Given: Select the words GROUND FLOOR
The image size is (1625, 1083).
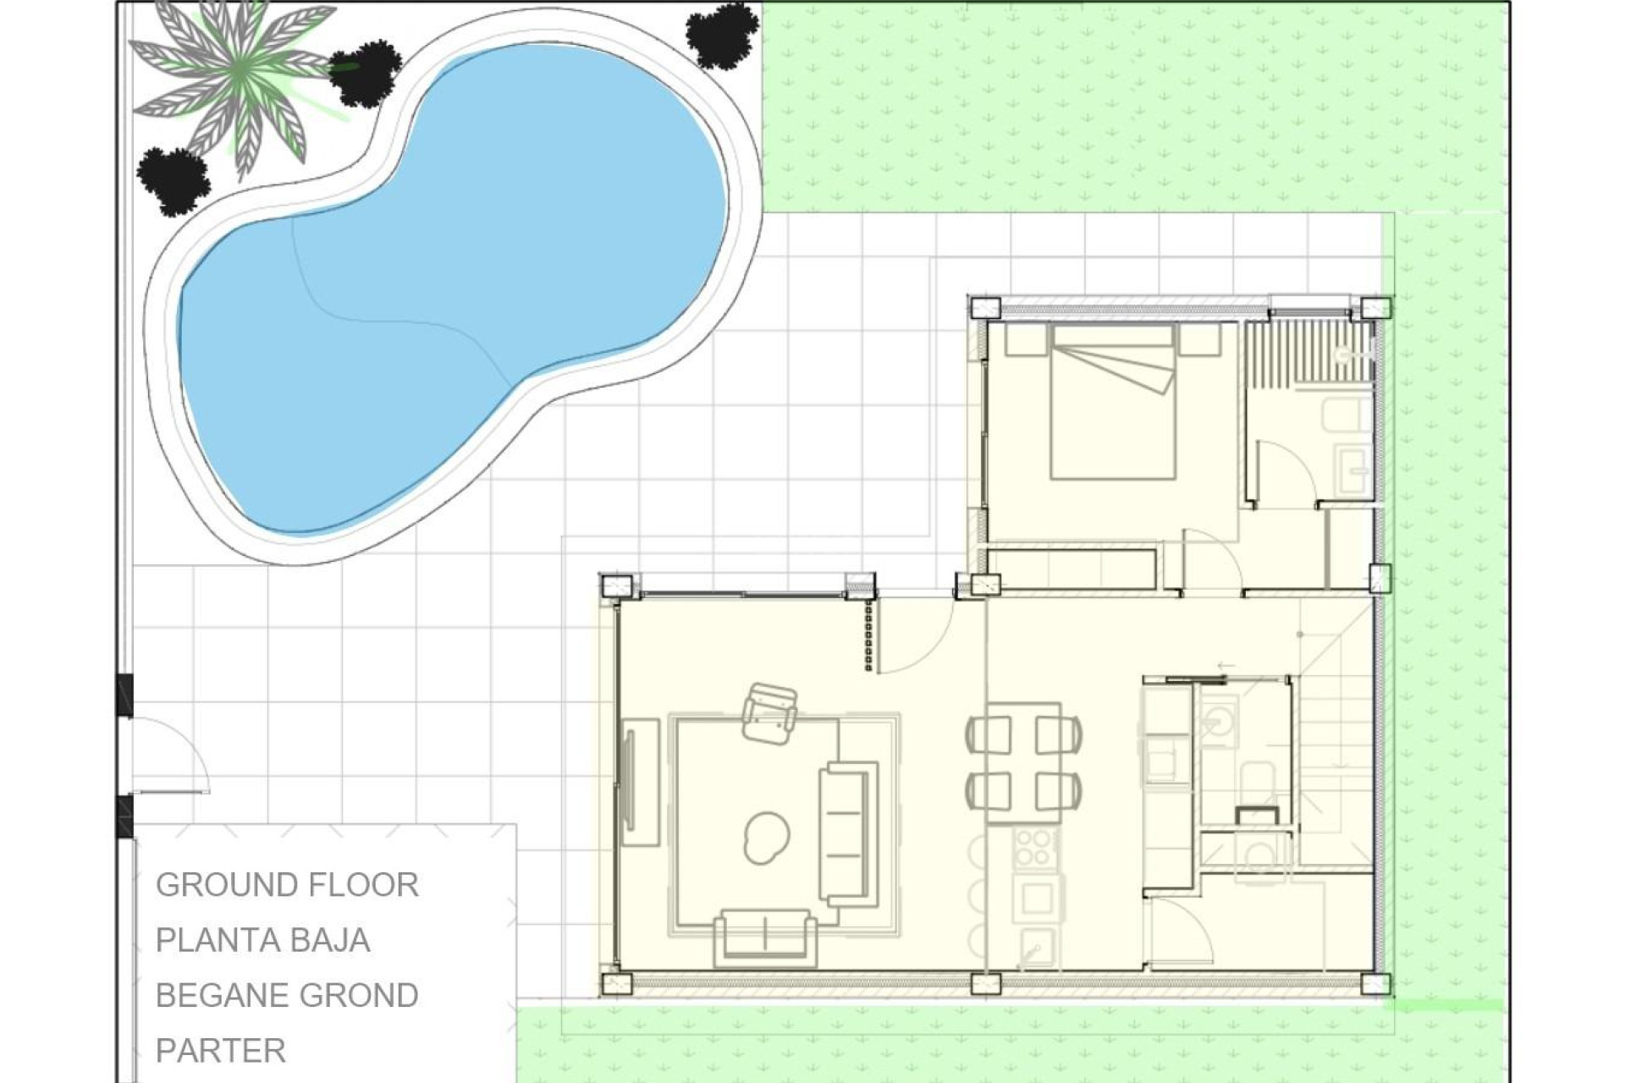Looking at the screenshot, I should click(x=287, y=885).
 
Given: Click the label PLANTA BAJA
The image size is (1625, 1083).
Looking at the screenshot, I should click(x=262, y=940).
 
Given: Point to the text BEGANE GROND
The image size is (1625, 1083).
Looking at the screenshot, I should click(x=287, y=995).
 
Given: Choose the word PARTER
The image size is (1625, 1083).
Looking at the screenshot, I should click(x=221, y=1050).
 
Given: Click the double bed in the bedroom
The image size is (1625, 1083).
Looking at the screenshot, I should click(x=1113, y=402).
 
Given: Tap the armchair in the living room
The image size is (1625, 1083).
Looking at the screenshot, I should click(x=769, y=712).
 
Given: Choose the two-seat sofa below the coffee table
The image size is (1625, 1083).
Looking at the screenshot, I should click(x=765, y=937).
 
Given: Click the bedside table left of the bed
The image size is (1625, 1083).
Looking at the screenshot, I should click(x=1026, y=340).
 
